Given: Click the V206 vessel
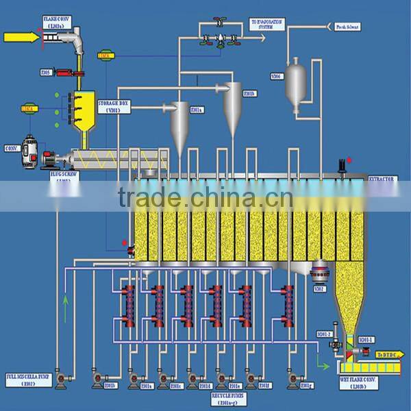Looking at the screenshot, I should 297,78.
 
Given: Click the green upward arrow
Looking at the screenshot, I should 66,300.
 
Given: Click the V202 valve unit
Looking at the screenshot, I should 319,274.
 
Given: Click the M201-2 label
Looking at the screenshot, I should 323,335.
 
